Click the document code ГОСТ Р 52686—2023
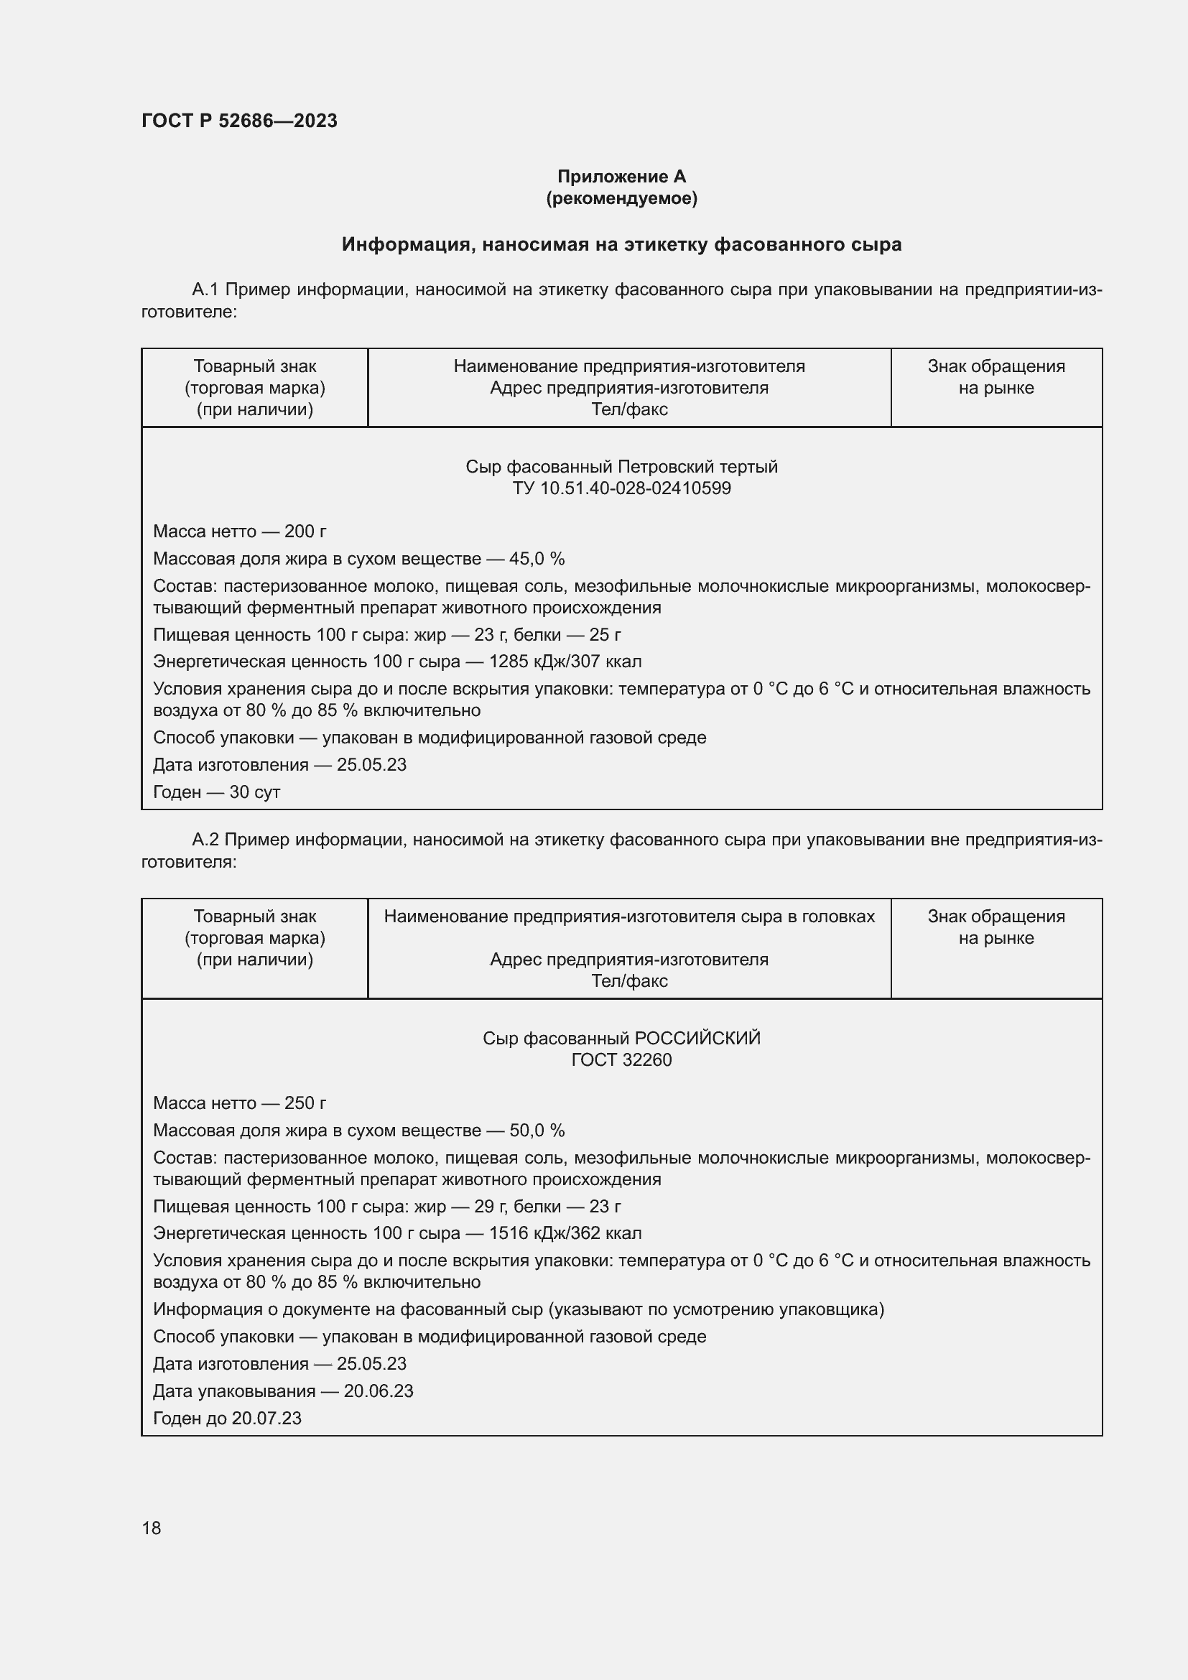pos(239,121)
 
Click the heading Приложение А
pos(621,177)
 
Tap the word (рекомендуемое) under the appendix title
pos(621,198)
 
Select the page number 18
pos(152,1528)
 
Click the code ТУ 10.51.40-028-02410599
pos(621,488)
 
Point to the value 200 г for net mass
pos(305,532)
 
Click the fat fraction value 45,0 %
pos(537,559)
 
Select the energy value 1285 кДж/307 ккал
pos(565,662)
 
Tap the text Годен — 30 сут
pos(216,792)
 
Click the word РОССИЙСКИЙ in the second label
pos(697,1039)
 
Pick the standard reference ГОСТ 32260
pos(621,1059)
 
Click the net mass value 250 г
pos(305,1103)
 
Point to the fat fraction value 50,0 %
pos(537,1131)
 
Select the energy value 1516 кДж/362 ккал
pos(565,1233)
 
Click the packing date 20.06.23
pos(379,1391)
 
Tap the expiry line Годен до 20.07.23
pos(227,1418)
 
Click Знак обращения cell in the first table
pos(996,377)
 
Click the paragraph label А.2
pos(205,840)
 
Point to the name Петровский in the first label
pos(662,467)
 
